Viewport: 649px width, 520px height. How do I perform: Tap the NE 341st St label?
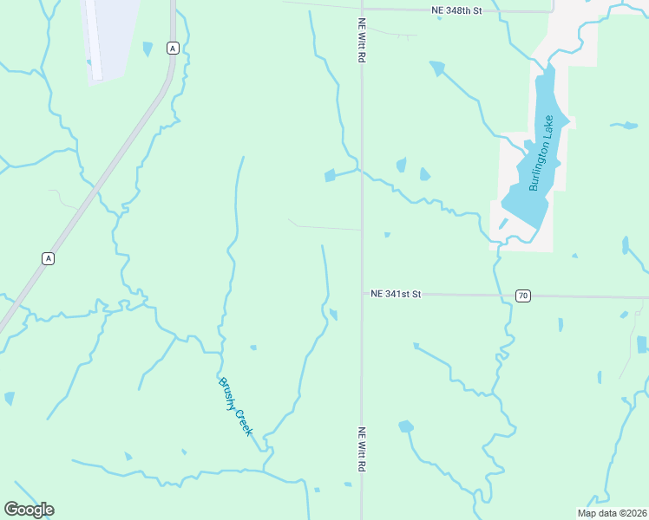[395, 295]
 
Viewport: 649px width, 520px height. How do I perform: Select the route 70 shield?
[522, 296]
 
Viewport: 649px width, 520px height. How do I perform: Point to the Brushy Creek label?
[235, 406]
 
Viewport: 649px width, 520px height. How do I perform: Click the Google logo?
[29, 509]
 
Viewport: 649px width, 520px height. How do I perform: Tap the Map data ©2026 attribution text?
[612, 513]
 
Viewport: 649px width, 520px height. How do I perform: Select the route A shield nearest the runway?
[174, 49]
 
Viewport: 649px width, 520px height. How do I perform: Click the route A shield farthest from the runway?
[48, 258]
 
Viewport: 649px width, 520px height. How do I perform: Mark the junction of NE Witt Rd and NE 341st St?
[362, 294]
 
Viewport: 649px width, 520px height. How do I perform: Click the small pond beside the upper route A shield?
[147, 49]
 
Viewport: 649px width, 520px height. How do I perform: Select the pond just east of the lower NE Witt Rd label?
[405, 426]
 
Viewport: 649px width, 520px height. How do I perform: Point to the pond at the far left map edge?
[9, 399]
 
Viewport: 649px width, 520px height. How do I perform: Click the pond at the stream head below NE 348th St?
[436, 68]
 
